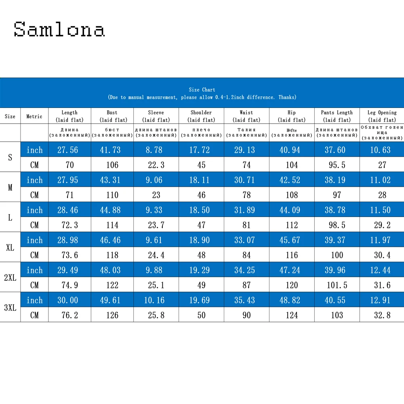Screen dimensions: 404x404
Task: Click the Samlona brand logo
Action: [x=59, y=29]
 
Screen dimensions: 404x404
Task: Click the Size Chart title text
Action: [x=202, y=90]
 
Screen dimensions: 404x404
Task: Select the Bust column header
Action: [x=112, y=116]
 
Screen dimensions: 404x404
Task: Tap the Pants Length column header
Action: [x=337, y=116]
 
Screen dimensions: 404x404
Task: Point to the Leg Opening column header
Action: [x=382, y=116]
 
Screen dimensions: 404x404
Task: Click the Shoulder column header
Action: [x=201, y=116]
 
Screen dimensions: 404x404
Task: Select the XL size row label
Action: [x=10, y=247]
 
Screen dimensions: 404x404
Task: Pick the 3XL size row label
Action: [x=10, y=307]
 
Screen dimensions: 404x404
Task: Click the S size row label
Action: [x=10, y=157]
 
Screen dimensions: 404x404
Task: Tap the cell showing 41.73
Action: [x=111, y=150]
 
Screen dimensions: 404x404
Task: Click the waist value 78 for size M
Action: [x=246, y=195]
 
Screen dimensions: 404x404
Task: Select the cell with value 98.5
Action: [x=337, y=225]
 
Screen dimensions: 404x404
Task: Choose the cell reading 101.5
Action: [x=337, y=285]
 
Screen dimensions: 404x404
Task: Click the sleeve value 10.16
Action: [x=156, y=300]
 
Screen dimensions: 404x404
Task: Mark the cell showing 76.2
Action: [x=69, y=315]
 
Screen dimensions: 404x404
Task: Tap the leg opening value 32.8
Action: [x=382, y=315]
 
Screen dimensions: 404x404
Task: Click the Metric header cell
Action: [x=34, y=116]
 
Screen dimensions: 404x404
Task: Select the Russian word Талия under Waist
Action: [x=246, y=130]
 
